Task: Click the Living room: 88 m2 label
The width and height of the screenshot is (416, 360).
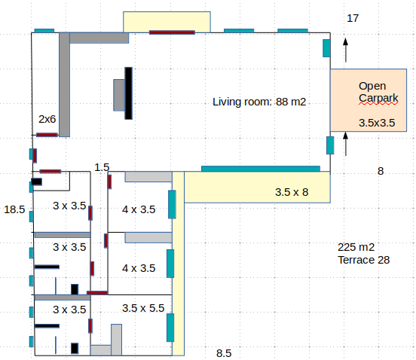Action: pyautogui.click(x=259, y=102)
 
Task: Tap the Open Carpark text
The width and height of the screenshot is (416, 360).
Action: pyautogui.click(x=378, y=92)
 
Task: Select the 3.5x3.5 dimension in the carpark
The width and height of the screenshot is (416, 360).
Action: pyautogui.click(x=377, y=123)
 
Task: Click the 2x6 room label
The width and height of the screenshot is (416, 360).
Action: pyautogui.click(x=47, y=119)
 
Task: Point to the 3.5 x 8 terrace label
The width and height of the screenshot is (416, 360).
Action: pyautogui.click(x=292, y=193)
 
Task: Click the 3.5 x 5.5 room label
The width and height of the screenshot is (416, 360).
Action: pyautogui.click(x=143, y=308)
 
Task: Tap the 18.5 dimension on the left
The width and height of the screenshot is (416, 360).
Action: pyautogui.click(x=14, y=209)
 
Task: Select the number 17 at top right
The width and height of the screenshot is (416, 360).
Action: pyautogui.click(x=353, y=18)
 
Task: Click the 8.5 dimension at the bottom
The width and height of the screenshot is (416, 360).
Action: pyautogui.click(x=224, y=353)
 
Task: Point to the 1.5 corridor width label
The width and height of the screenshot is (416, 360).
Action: pyautogui.click(x=102, y=167)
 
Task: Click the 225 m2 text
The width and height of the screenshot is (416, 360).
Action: pyautogui.click(x=356, y=247)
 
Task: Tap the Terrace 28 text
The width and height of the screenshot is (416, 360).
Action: pyautogui.click(x=363, y=260)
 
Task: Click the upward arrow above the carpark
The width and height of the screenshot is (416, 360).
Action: pyautogui.click(x=345, y=50)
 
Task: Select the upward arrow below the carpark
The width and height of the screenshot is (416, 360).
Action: pyautogui.click(x=345, y=144)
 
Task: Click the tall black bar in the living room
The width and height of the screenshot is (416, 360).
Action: pyautogui.click(x=128, y=93)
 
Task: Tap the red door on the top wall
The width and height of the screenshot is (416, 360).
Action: pyautogui.click(x=172, y=32)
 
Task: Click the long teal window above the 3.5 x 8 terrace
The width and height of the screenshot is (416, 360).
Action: pyautogui.click(x=261, y=169)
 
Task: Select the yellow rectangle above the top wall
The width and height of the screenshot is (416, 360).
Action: pyautogui.click(x=167, y=22)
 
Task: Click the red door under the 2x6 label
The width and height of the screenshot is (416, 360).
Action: pyautogui.click(x=47, y=135)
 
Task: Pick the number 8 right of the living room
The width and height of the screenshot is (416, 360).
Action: pyautogui.click(x=381, y=171)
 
